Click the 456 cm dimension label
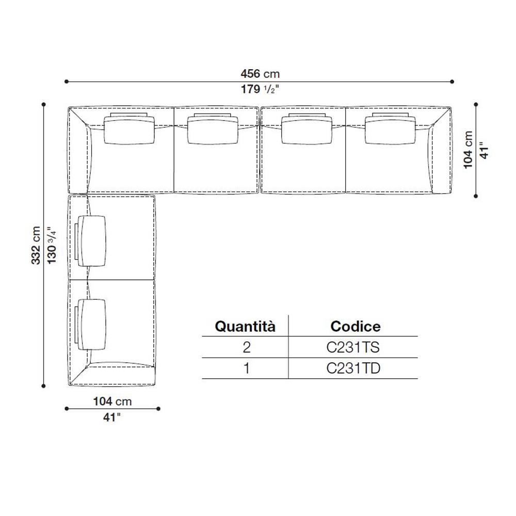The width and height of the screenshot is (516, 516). [x=260, y=74]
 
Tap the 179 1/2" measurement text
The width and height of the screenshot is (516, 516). [x=260, y=89]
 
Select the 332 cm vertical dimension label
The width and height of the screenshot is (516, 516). [x=36, y=245]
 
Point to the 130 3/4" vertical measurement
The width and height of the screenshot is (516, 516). [x=52, y=245]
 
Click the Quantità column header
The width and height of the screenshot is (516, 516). [x=245, y=327]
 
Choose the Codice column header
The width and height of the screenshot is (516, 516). [x=356, y=327]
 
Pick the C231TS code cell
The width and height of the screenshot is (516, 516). [x=353, y=347]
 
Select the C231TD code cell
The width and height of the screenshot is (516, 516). [x=353, y=368]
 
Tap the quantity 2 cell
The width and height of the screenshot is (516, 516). [x=247, y=347]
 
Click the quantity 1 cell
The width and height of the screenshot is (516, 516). [x=247, y=368]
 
